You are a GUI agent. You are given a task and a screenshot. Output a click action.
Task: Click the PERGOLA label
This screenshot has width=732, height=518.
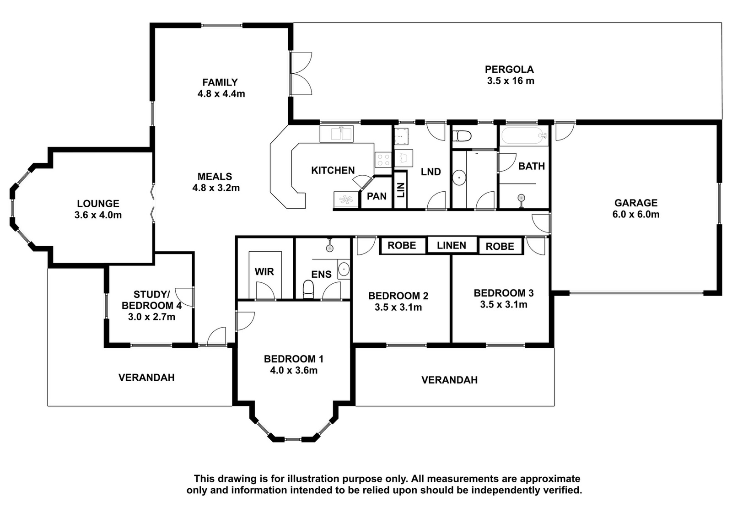click(x=510, y=69)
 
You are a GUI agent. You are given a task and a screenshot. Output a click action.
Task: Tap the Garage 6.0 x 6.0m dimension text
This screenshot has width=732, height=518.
click(x=636, y=215)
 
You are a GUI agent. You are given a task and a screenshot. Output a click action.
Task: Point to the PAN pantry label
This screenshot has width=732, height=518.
click(x=377, y=196)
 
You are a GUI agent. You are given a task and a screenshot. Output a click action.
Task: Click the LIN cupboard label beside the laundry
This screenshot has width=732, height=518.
click(x=401, y=190)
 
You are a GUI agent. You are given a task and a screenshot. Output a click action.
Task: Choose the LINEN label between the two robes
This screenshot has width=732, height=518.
click(x=452, y=245)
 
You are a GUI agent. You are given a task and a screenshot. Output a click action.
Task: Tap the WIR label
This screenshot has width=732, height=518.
click(x=264, y=271)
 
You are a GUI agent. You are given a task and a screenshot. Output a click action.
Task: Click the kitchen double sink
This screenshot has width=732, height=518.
click(x=336, y=134)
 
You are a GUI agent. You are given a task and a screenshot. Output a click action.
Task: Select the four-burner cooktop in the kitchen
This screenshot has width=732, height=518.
click(x=383, y=160)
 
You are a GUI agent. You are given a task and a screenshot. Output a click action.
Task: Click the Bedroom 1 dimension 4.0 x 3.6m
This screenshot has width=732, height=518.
click(x=294, y=371)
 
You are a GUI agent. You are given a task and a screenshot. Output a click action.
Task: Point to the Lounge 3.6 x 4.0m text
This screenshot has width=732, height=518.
click(x=98, y=215)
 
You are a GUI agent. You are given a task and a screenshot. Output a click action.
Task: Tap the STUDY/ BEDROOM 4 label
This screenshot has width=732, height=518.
click(x=151, y=300)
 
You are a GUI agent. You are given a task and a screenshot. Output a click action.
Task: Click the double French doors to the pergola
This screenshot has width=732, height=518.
click(x=301, y=74)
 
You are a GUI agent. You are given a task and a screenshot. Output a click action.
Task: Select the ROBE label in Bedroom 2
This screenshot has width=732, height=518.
click(x=402, y=245)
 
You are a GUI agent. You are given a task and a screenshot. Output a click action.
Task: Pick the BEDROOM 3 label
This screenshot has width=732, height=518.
click(x=504, y=293)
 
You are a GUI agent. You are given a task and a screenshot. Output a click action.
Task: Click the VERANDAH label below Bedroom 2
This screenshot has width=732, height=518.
click(x=449, y=380)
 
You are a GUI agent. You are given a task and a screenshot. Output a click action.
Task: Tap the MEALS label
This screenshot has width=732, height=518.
click(x=215, y=177)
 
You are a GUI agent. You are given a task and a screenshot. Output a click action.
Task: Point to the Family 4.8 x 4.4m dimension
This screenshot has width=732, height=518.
click(x=221, y=94)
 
